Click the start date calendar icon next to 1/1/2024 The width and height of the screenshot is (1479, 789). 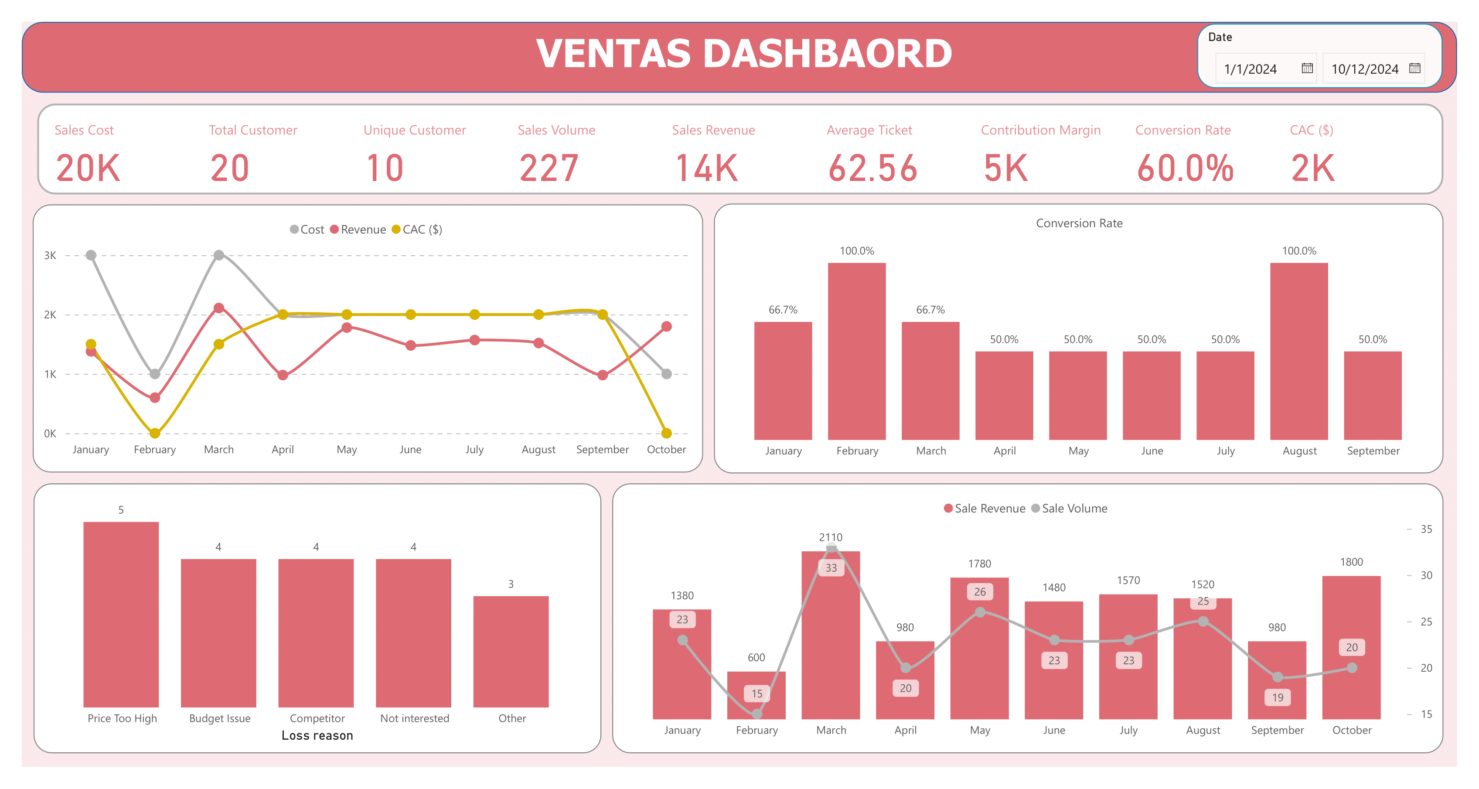(x=1307, y=68)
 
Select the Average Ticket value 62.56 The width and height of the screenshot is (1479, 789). (x=872, y=168)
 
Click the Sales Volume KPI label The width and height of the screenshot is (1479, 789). (x=556, y=130)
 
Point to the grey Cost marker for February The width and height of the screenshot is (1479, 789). (x=155, y=374)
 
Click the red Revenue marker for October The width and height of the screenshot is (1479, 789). (x=666, y=327)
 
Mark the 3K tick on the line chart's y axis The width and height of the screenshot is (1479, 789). (x=50, y=256)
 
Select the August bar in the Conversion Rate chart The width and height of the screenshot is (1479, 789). (x=1299, y=352)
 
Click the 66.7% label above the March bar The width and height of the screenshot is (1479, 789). (x=930, y=310)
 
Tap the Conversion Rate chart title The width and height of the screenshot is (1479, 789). (x=1078, y=223)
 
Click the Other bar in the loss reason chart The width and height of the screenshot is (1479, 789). (x=511, y=651)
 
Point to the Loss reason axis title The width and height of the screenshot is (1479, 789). (x=317, y=736)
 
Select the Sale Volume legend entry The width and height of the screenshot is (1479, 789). (x=1073, y=508)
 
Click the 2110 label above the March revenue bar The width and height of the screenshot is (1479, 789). (x=830, y=537)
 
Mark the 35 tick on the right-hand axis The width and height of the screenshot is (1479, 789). (x=1426, y=529)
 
